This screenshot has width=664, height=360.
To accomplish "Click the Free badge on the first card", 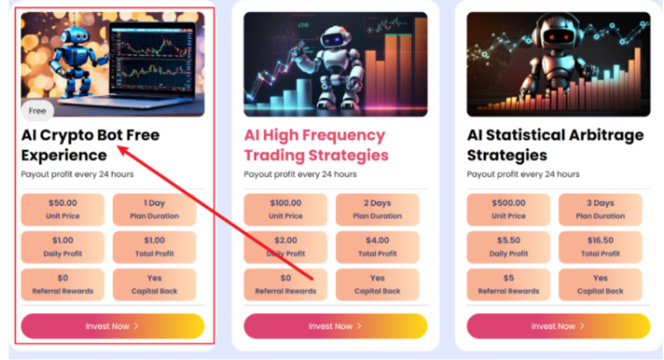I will coord(38,111).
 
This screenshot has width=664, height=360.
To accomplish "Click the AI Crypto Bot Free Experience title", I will coord(90,145).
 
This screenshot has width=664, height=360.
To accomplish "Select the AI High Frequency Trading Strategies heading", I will coord(316,145).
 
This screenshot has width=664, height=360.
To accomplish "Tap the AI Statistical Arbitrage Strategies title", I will coord(555,145).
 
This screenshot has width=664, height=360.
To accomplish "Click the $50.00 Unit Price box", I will coord(63,209).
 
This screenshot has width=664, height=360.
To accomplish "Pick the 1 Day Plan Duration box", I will coord(154,209).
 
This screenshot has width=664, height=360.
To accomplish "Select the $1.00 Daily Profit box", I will coord(63,246).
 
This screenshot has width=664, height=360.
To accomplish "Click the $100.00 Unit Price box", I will coord(285,209).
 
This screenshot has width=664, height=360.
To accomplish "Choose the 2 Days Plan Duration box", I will coord(377,209).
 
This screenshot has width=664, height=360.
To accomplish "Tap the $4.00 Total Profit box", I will coord(377,246).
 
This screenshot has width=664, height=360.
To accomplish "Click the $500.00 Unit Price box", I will coord(508,209).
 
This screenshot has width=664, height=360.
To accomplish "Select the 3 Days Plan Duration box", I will coord(600,209).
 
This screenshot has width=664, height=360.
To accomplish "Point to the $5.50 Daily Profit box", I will coord(508,246).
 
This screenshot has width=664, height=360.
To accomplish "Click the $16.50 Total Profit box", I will coord(600,246).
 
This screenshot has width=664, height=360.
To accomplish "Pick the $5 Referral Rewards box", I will coord(508,284).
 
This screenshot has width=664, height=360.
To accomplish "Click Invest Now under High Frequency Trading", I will coord(335,326).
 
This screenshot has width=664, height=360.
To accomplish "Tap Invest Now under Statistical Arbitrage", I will coord(558,326).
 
